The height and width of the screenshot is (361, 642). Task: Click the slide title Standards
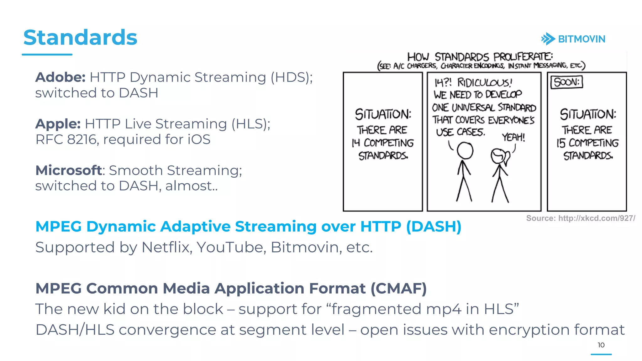tap(80, 38)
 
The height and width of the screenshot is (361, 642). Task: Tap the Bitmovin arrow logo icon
tap(548, 39)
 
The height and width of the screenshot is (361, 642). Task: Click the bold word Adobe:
tap(60, 77)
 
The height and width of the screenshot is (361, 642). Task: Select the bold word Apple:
tap(58, 124)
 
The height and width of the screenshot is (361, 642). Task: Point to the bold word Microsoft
tap(69, 170)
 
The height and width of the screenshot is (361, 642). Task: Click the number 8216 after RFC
tap(82, 139)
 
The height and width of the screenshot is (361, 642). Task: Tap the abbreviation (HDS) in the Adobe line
tap(292, 77)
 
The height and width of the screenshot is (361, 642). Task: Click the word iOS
tap(199, 139)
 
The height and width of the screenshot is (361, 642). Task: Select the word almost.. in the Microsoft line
tap(191, 186)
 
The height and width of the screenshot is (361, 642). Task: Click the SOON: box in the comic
tap(566, 82)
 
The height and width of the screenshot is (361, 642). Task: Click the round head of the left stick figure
tap(465, 151)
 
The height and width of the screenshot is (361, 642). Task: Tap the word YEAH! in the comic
tap(513, 137)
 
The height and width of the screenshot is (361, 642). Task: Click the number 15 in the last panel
tap(561, 143)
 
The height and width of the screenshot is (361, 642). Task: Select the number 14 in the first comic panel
tap(356, 143)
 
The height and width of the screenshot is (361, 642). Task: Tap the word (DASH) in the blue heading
tap(434, 226)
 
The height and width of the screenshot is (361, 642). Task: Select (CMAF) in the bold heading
tap(398, 288)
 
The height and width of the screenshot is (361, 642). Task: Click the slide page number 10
tap(601, 345)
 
